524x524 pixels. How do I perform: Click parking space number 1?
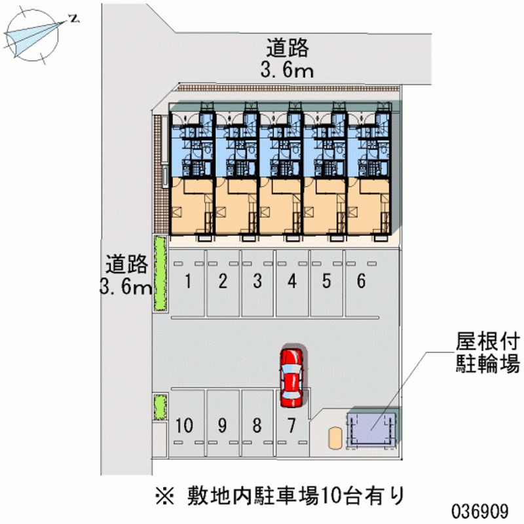pyautogui.click(x=188, y=283)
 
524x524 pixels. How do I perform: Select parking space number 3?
pyautogui.click(x=257, y=283)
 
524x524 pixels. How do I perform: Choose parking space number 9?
pyautogui.click(x=223, y=423)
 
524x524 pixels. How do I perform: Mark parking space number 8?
pyautogui.click(x=257, y=423)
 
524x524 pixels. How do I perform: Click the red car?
pyautogui.click(x=291, y=378)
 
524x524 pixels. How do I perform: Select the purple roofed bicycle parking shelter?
pyautogui.click(x=371, y=426)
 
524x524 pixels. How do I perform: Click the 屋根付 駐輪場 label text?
pyautogui.click(x=487, y=352)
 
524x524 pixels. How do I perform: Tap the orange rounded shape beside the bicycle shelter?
pyautogui.click(x=335, y=438)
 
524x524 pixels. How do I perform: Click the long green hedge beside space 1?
pyautogui.click(x=160, y=274)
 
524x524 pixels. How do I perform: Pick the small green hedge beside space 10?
pyautogui.click(x=160, y=407)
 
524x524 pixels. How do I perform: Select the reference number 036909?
pyautogui.click(x=480, y=511)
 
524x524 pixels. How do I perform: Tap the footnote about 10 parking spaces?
pyautogui.click(x=280, y=496)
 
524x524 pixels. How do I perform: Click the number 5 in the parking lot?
pyautogui.click(x=326, y=281)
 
